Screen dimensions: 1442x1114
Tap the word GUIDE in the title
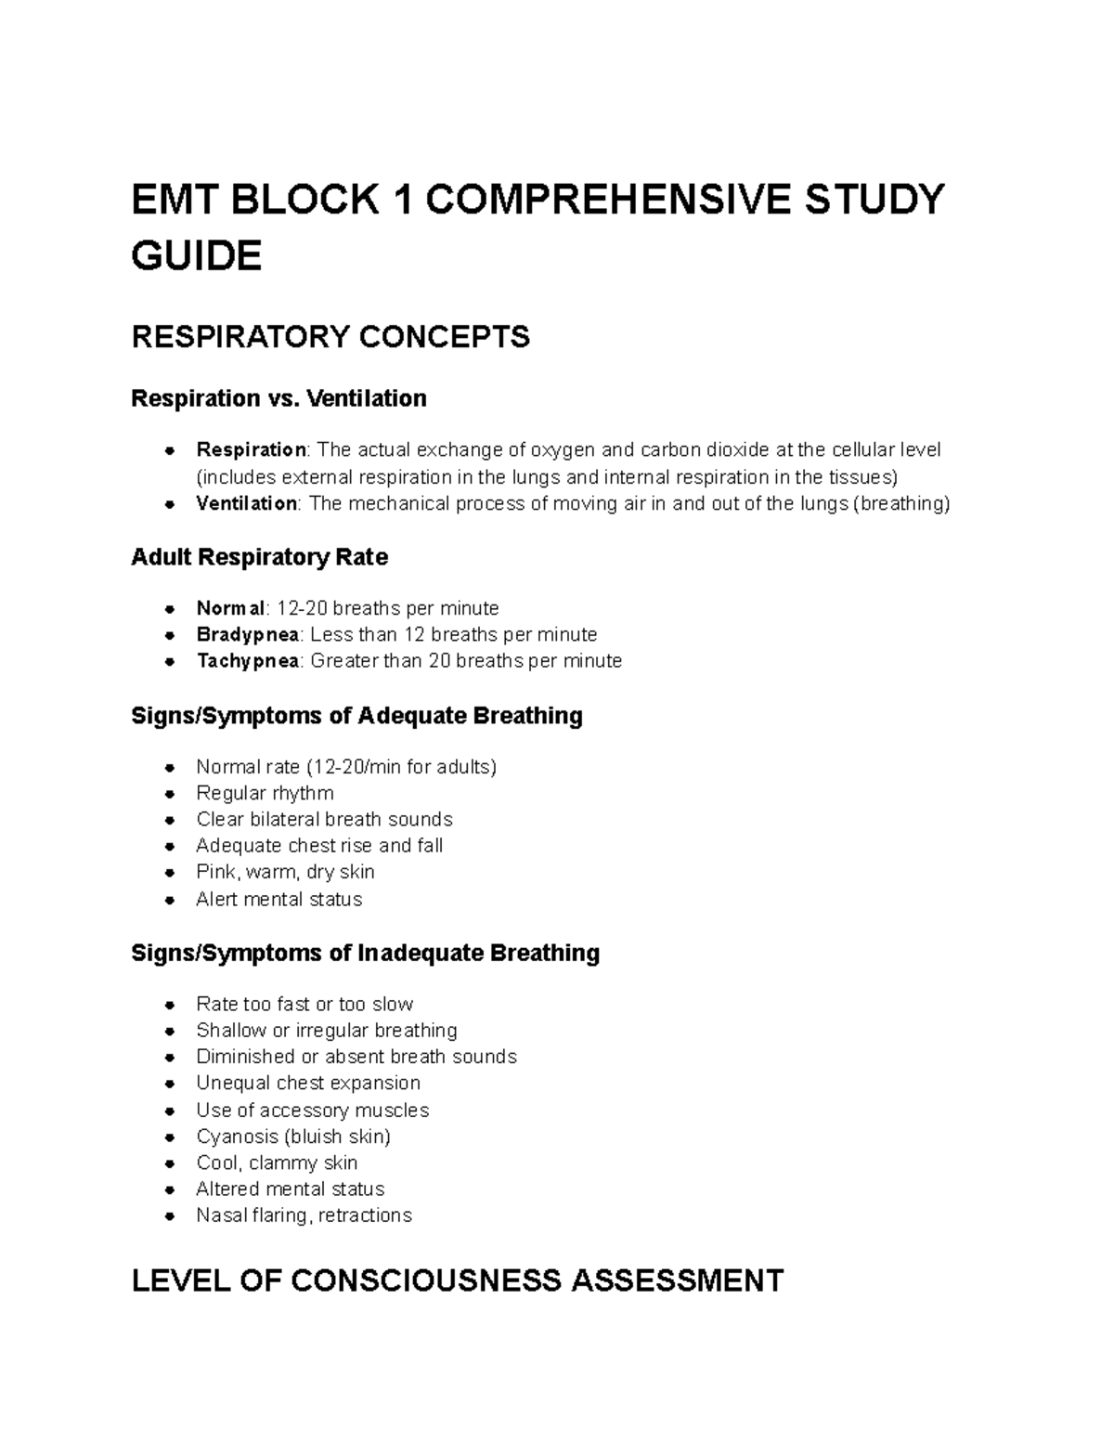pos(197,255)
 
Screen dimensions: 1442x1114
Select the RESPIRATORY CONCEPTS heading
pos(330,336)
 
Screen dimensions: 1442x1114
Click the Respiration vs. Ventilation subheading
pos(278,398)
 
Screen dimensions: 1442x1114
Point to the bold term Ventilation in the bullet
pos(246,503)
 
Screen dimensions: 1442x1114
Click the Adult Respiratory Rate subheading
pos(259,557)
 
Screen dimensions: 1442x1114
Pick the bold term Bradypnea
pos(248,634)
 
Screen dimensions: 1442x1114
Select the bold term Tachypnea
pos(247,660)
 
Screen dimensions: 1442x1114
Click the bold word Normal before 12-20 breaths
pos(230,608)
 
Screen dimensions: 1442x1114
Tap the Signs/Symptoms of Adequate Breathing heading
pos(356,716)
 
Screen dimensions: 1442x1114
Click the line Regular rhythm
pos(265,793)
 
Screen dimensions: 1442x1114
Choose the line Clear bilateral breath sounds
pos(324,819)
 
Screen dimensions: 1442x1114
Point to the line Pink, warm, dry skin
pos(285,872)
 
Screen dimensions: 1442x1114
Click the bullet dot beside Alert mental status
pos(169,900)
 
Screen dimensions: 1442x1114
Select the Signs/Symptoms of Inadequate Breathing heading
pos(365,954)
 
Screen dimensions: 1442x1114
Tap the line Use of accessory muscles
pos(312,1111)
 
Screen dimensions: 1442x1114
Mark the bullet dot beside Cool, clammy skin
pos(169,1163)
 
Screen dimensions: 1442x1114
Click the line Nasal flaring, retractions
pos(304,1215)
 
